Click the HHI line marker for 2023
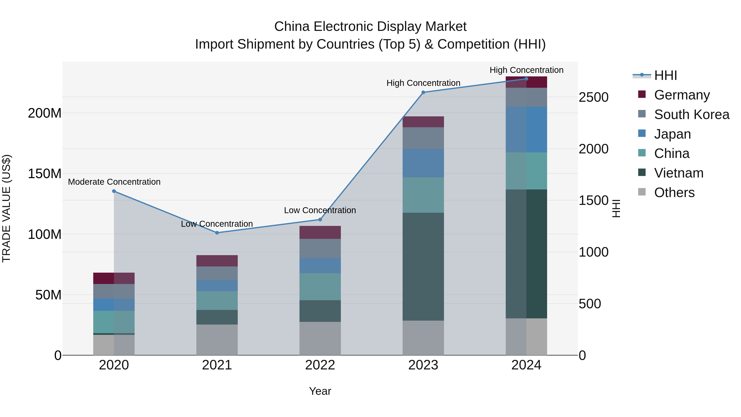423,92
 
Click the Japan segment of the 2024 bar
526,130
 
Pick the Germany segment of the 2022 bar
320,232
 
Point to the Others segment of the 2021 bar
217,340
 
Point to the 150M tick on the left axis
45,174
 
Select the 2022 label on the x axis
320,365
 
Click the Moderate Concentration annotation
114,182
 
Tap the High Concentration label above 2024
526,70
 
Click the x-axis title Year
320,391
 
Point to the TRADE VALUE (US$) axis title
6,208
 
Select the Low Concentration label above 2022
320,210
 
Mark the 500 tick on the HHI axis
590,304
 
